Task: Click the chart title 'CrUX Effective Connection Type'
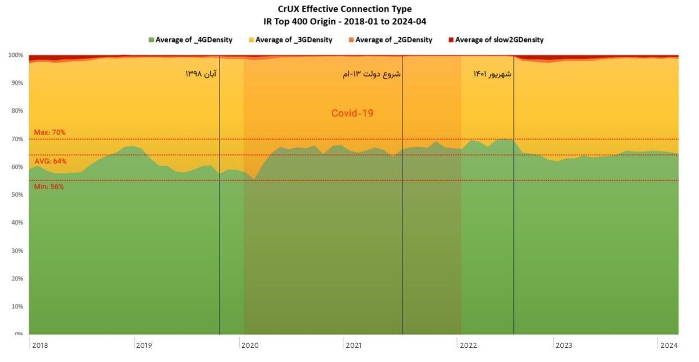pyautogui.click(x=345, y=9)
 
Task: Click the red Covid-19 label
pyautogui.click(x=352, y=114)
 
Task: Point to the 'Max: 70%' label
pyautogui.click(x=50, y=132)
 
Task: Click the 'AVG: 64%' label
pyautogui.click(x=50, y=161)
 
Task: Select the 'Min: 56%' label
pyautogui.click(x=49, y=186)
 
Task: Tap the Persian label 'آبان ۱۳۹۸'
pyautogui.click(x=200, y=74)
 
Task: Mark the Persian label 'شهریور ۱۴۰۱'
pyautogui.click(x=492, y=74)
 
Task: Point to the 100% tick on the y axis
pyautogui.click(x=15, y=55)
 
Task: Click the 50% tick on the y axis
pyautogui.click(x=16, y=195)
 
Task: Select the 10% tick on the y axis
pyautogui.click(x=16, y=306)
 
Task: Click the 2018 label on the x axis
pyautogui.click(x=40, y=345)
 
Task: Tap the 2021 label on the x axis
pyautogui.click(x=353, y=345)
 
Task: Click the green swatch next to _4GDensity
pyautogui.click(x=151, y=40)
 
